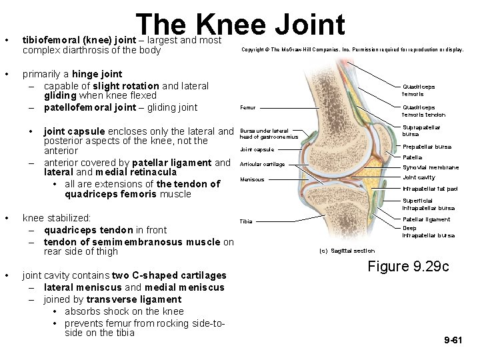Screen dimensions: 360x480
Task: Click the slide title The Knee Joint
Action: click(x=241, y=25)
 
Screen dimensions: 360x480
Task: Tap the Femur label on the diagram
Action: click(x=247, y=107)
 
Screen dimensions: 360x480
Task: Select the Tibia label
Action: click(x=246, y=221)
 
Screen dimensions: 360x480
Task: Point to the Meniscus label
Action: click(x=252, y=179)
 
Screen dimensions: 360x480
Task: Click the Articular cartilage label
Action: click(x=262, y=164)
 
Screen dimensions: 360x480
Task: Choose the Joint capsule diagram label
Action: click(x=257, y=149)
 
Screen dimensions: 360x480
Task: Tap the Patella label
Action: click(x=412, y=157)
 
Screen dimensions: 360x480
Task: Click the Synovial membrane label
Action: click(x=431, y=167)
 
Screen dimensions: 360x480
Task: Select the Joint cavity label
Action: click(x=419, y=177)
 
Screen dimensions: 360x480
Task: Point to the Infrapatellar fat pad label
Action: click(x=430, y=189)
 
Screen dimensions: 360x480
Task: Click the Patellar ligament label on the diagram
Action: click(x=426, y=219)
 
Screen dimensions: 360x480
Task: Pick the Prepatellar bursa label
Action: click(x=427, y=147)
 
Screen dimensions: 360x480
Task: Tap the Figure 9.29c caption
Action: click(x=408, y=267)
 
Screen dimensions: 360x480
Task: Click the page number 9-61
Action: click(x=453, y=340)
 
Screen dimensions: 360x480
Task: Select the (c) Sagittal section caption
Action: click(x=347, y=251)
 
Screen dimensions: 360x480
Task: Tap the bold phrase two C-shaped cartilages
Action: click(x=169, y=275)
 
